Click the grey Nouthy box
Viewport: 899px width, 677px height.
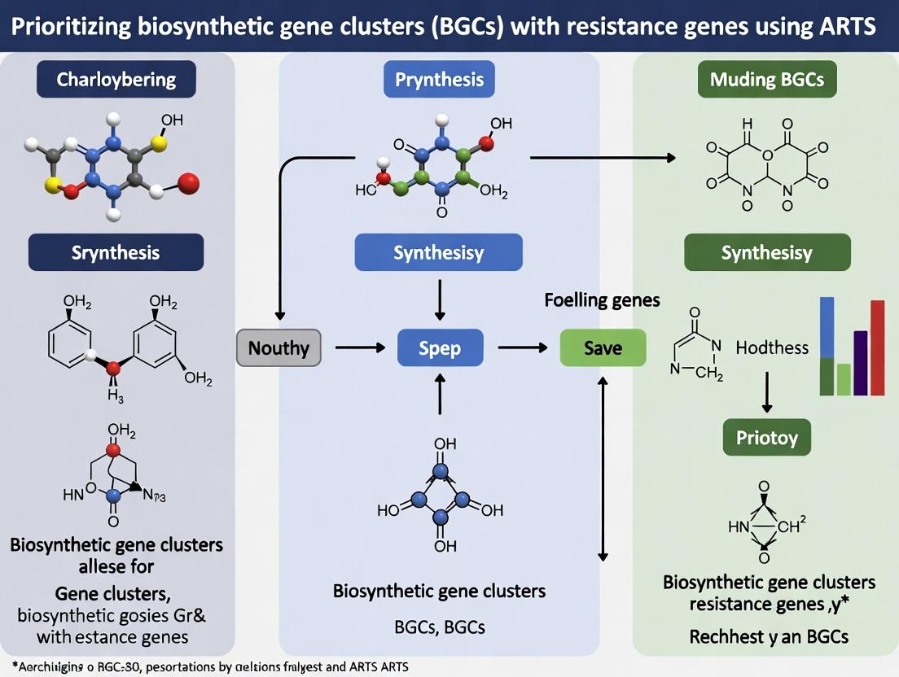278,348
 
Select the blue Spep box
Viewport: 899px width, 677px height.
440,348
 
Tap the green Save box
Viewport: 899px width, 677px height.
603,348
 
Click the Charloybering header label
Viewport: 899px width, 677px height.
116,80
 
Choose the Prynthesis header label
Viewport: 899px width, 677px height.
439,80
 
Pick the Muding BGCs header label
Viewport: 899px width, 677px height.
767,80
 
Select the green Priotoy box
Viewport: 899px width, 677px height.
767,439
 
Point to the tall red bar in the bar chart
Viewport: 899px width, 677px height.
877,347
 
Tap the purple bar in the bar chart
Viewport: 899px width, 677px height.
861,363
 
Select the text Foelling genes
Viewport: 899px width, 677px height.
602,300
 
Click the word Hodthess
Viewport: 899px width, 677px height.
772,347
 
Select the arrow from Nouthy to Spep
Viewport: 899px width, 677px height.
359,348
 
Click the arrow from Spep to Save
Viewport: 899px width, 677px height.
522,348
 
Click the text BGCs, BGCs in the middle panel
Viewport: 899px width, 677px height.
439,627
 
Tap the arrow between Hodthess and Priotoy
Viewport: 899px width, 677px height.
766,392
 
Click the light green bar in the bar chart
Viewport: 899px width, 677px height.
844,379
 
